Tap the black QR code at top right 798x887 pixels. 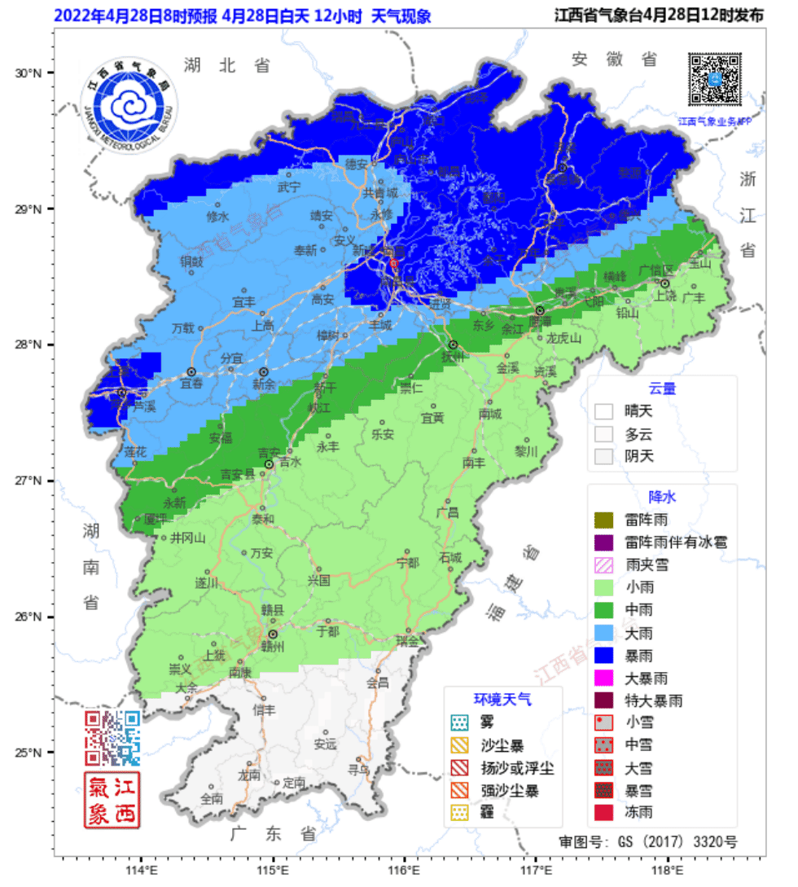pyautogui.click(x=715, y=79)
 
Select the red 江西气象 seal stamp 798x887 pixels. pyautogui.click(x=113, y=801)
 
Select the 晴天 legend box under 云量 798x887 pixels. pyautogui.click(x=603, y=412)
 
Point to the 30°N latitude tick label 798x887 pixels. pyautogui.click(x=29, y=73)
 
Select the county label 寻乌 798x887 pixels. pyautogui.click(x=359, y=768)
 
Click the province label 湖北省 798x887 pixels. pyautogui.click(x=226, y=65)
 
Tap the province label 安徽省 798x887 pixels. pyautogui.click(x=614, y=59)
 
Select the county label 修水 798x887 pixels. pyautogui.click(x=218, y=217)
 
